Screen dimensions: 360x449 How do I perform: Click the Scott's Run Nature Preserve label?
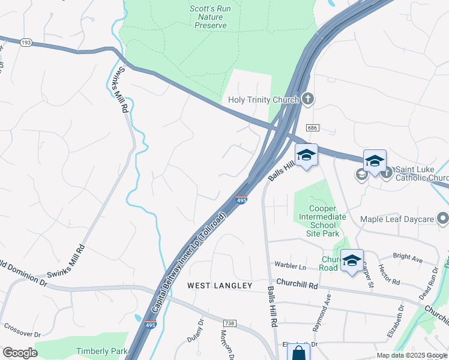[x=208, y=17]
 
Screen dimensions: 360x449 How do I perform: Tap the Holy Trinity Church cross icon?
[x=307, y=98]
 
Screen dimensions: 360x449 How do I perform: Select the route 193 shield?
[x=26, y=43]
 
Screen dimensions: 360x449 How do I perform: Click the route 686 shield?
[x=311, y=128]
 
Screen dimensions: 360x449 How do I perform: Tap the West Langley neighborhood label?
[x=220, y=286]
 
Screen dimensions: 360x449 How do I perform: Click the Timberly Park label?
[x=101, y=351]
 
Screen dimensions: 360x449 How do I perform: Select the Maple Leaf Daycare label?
[x=397, y=219]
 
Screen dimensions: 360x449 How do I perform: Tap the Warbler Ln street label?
[x=290, y=265]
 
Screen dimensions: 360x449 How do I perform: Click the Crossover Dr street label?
[x=22, y=334]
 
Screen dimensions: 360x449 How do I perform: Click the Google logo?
[x=20, y=353]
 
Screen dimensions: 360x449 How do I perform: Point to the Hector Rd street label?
[x=390, y=273]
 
